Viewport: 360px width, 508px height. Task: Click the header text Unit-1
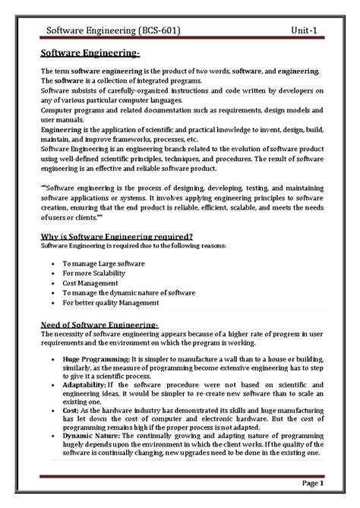tap(305, 30)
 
